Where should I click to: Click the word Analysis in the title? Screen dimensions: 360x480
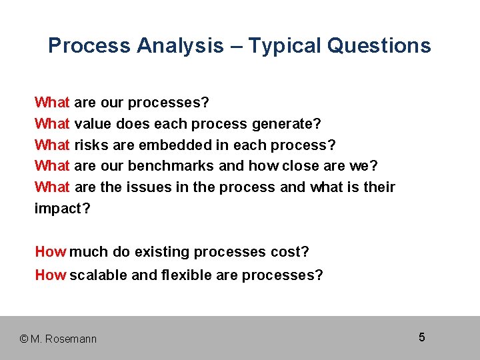(180, 46)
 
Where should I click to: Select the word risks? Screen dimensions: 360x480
(91, 145)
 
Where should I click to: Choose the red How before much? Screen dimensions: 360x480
(51, 252)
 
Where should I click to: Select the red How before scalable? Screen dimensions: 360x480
(51, 275)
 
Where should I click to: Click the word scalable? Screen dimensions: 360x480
(99, 275)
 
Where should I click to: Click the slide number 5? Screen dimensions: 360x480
(422, 337)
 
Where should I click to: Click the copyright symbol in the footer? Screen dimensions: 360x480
(25, 339)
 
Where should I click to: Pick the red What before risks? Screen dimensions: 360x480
(52, 145)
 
